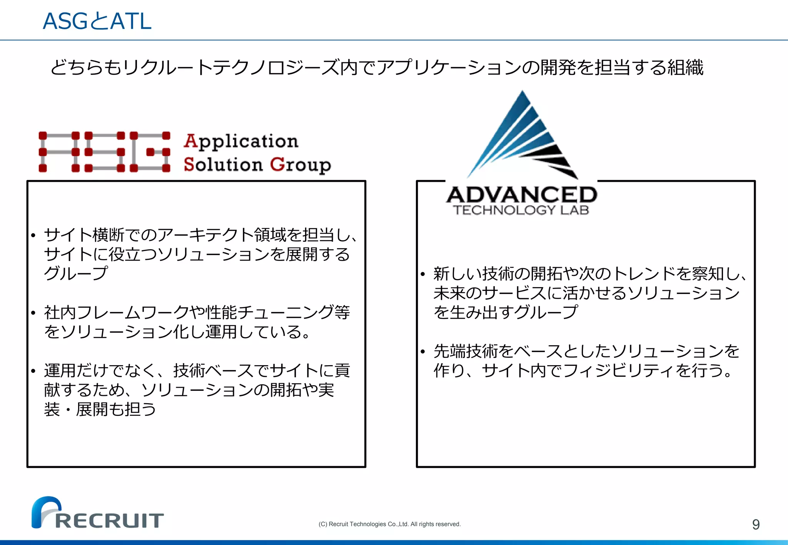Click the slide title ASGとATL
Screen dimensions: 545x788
pyautogui.click(x=97, y=21)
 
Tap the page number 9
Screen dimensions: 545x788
pyautogui.click(x=756, y=524)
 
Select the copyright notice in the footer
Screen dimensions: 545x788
pyautogui.click(x=389, y=524)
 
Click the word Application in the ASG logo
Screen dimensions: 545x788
pyautogui.click(x=241, y=141)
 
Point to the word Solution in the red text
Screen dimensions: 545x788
pyautogui.click(x=223, y=164)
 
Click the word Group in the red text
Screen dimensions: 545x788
pyautogui.click(x=301, y=164)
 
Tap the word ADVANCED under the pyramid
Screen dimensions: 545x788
pyautogui.click(x=522, y=195)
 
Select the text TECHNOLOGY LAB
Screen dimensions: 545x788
pyautogui.click(x=521, y=210)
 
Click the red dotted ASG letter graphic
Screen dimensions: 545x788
pyautogui.click(x=104, y=152)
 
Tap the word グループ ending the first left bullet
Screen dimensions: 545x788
pyautogui.click(x=76, y=274)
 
